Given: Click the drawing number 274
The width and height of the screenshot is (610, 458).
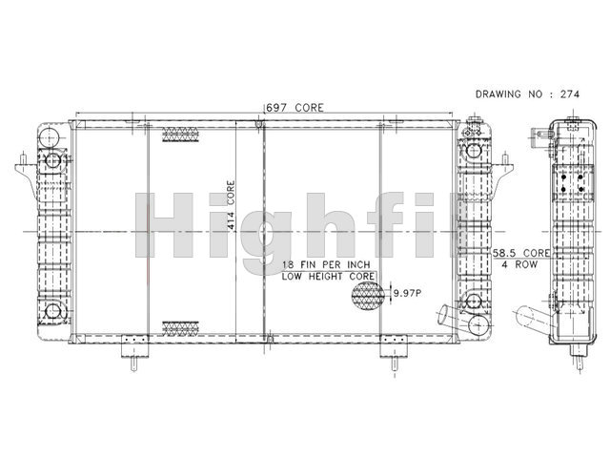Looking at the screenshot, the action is (570, 94).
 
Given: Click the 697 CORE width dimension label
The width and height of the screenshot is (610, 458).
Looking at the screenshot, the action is (295, 108).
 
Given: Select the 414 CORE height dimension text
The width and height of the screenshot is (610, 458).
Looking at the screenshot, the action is (231, 205).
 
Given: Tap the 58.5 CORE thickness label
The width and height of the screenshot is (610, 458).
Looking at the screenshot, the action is (521, 253).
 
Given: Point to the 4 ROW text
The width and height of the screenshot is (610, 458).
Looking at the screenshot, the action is (519, 264).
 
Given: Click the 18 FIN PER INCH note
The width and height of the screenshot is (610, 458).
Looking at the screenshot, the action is (326, 265).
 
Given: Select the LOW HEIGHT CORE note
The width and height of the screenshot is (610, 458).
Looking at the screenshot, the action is (328, 277).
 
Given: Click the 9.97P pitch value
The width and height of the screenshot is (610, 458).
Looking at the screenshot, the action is (407, 293).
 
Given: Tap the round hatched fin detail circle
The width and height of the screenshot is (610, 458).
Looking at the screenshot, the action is (368, 296).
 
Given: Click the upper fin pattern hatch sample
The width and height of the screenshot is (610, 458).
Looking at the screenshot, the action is (180, 135).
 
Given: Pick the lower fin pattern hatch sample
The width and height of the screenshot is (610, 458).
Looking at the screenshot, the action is (180, 328).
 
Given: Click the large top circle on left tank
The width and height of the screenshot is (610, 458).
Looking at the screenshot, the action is (49, 136).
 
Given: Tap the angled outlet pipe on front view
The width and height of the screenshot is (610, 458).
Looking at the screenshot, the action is (447, 315).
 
